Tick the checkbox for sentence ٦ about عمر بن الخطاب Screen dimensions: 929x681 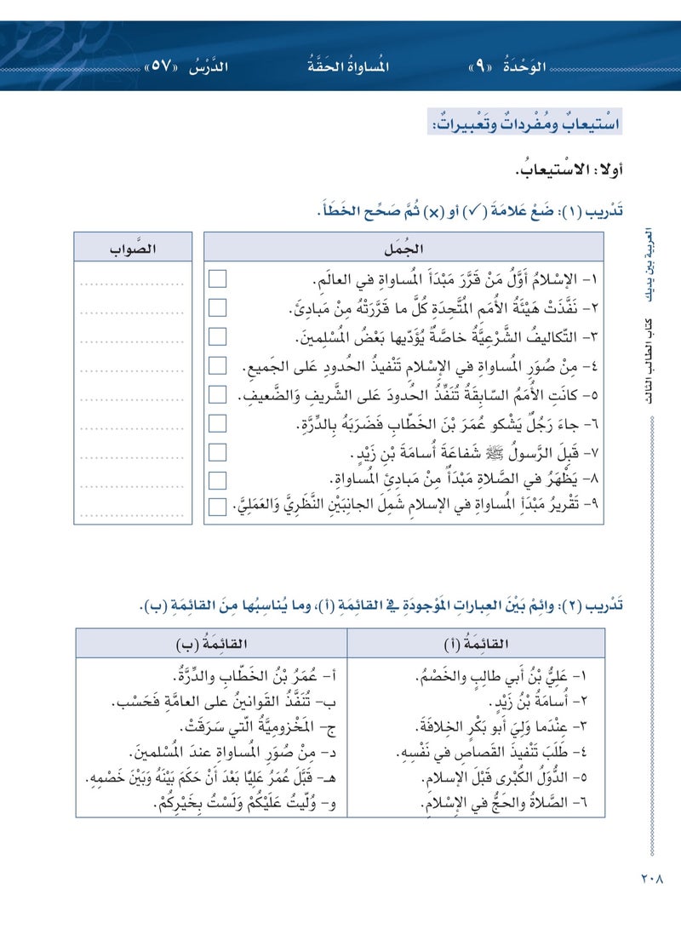(x=218, y=423)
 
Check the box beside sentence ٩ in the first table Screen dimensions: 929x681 (x=218, y=507)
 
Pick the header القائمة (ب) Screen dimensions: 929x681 (x=211, y=643)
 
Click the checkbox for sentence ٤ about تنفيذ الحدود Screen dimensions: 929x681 (x=218, y=366)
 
